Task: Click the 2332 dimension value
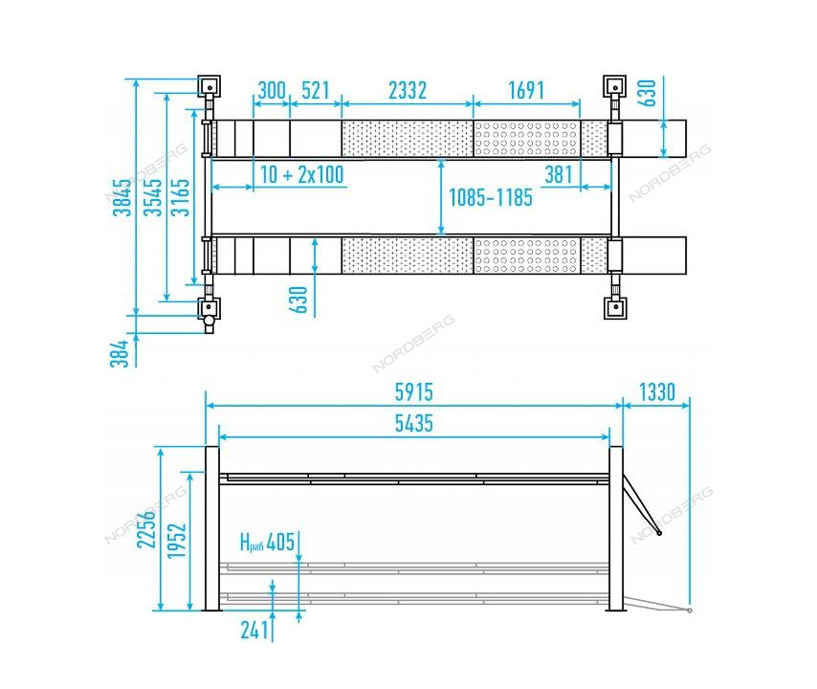tap(408, 91)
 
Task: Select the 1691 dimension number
tap(526, 91)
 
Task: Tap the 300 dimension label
tap(272, 91)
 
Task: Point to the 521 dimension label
tap(316, 91)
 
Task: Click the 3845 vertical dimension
tap(122, 197)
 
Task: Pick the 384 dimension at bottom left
tap(120, 353)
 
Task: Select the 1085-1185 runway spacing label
tap(491, 198)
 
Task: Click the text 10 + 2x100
tap(302, 174)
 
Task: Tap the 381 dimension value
tap(559, 174)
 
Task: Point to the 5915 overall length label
tap(413, 392)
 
